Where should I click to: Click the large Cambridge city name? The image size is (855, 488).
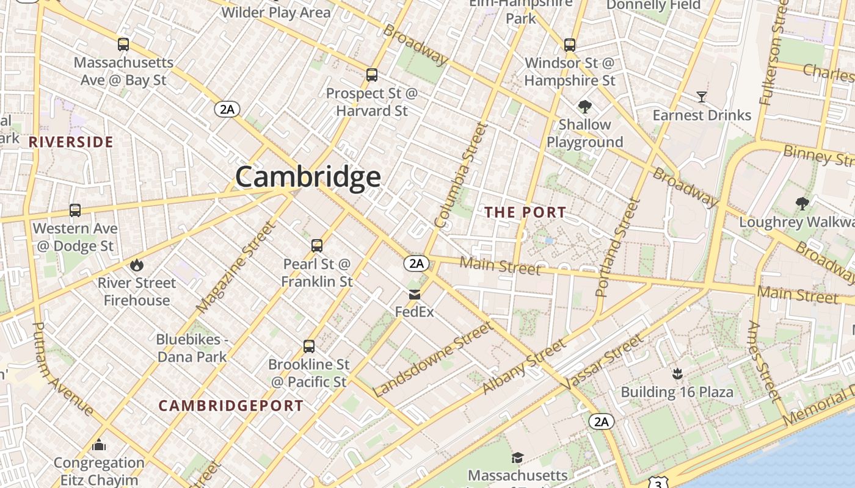308,177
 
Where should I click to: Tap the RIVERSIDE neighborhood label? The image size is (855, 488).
71,142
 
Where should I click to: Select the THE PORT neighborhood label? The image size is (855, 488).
525,212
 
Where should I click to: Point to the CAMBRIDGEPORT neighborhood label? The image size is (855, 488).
231,406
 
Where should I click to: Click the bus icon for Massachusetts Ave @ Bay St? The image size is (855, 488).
123,45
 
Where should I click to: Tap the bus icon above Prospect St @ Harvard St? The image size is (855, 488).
371,75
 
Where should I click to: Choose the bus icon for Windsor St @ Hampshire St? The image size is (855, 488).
569,45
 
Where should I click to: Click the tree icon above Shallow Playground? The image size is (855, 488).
584,107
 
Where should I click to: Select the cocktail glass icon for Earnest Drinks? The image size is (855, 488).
701,97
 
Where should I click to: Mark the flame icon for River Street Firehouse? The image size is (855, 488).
136,265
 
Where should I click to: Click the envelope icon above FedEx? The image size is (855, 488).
415,295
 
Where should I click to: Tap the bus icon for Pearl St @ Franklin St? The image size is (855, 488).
316,246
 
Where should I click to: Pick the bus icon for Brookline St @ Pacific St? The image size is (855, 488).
309,346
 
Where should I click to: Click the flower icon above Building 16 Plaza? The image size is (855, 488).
677,373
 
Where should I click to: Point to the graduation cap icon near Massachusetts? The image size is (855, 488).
517,457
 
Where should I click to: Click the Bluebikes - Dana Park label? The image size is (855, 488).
192,348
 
